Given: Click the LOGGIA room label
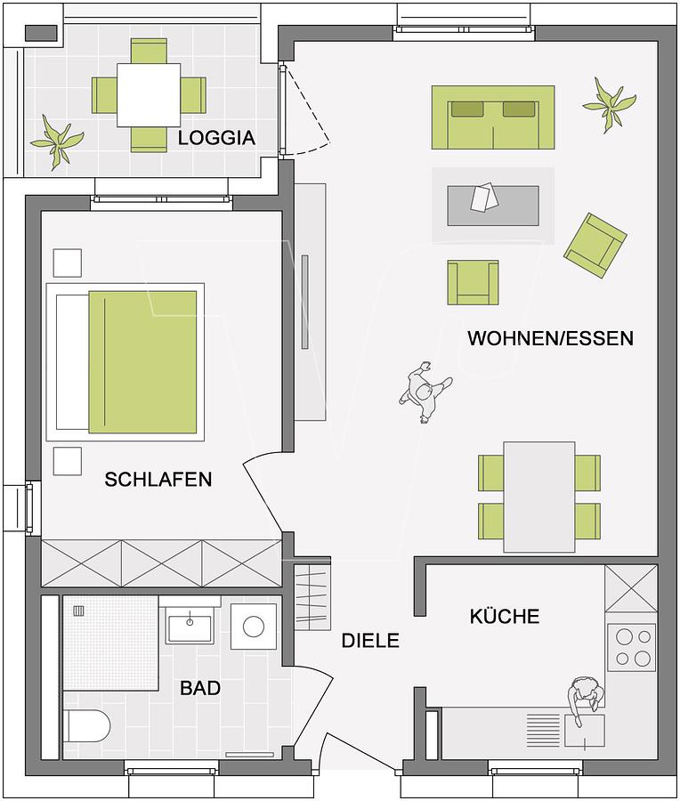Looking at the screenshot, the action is pos(216,138).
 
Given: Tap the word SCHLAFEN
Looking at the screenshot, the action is pos(158,479).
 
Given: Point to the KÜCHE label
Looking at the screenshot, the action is pos(505,616).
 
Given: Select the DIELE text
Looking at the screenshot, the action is pos(370,641).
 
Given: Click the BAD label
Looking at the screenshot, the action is pos(200,688).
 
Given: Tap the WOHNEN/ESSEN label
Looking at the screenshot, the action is pos(551,338).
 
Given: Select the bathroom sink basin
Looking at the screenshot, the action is pos(189,628).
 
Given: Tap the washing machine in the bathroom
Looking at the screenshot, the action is pos(254,627).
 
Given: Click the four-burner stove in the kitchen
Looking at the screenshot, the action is pos(632,647).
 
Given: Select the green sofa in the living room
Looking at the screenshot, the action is pos(493,117).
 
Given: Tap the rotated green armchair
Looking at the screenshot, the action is pos(595,246).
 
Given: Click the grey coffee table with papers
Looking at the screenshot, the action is pos(493,205).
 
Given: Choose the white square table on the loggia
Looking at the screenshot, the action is pos(149,95).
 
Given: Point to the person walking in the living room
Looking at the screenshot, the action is pos(425,392).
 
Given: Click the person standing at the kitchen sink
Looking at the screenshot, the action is pos(586,699).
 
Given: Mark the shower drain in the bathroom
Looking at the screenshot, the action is pos(78,611).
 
